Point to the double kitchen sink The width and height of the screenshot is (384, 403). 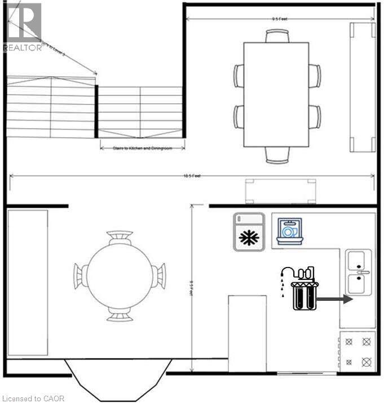coord(358,272)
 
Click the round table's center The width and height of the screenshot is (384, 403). coord(119,277)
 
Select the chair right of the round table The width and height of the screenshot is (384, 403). coord(160,276)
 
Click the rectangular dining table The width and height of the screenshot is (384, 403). coord(276,94)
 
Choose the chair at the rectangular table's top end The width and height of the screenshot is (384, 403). coord(277,36)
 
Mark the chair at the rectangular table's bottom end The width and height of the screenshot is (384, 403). coord(277,153)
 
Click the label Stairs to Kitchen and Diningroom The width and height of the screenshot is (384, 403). coord(143,148)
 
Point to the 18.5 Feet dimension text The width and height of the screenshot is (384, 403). coord(192,176)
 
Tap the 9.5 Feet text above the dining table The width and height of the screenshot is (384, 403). coord(280,19)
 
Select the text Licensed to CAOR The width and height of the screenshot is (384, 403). coord(33,398)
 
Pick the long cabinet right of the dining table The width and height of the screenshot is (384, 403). coord(363,87)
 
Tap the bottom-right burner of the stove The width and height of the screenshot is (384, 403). coord(366,361)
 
